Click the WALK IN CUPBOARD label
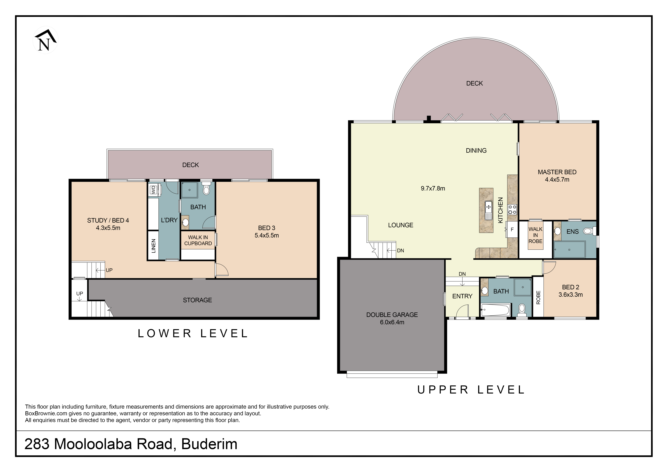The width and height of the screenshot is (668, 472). click(198, 240)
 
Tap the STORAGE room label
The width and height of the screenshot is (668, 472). click(197, 300)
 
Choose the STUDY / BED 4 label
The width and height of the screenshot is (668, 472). click(108, 220)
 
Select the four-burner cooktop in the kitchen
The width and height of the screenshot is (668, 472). click(512, 210)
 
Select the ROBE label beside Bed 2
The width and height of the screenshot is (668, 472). click(538, 297)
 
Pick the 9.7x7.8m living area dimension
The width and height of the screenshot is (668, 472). click(433, 188)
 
